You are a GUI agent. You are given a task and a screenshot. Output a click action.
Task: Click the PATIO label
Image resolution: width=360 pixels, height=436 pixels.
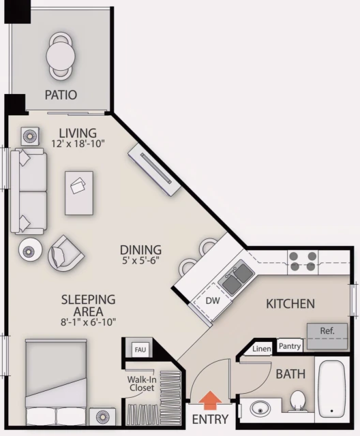click(61, 95)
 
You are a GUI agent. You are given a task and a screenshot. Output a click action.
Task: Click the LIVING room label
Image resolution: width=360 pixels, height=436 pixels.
click(77, 132)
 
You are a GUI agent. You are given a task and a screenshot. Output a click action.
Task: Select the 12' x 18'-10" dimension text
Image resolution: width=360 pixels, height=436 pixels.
click(78, 144)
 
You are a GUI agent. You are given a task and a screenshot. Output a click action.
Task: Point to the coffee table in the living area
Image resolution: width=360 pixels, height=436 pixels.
click(79, 191)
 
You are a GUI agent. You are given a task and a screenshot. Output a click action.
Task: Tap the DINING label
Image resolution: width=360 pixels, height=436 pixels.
click(140, 249)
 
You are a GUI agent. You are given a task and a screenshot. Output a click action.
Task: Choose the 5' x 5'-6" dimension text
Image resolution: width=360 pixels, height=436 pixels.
click(140, 261)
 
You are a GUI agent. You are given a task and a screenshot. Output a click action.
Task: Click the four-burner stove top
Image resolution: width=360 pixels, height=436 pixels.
click(303, 262)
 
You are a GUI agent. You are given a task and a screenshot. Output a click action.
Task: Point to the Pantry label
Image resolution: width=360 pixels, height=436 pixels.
click(290, 346)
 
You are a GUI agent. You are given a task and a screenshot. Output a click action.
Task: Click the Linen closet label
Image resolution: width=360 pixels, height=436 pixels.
click(262, 349)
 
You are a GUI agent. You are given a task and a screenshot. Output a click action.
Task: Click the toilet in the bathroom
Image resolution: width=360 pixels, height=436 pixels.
click(297, 401)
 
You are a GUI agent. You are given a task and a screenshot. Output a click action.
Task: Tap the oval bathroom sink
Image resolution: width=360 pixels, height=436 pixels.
click(260, 409)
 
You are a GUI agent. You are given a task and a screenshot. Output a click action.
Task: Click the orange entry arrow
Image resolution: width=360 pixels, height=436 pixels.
click(211, 399)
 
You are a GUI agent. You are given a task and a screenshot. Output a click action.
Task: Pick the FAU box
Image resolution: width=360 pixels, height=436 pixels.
click(140, 349)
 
